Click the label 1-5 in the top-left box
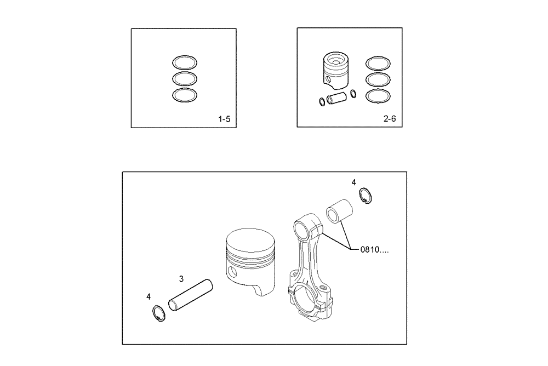pyautogui.click(x=224, y=119)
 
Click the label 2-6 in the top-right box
pyautogui.click(x=390, y=119)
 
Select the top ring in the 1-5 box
pyautogui.click(x=185, y=62)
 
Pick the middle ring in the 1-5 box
pyautogui.click(x=185, y=78)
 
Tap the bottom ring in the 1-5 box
pyautogui.click(x=185, y=95)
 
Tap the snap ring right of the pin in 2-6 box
pyautogui.click(x=353, y=93)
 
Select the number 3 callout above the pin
pyautogui.click(x=181, y=278)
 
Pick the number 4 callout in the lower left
pyautogui.click(x=149, y=296)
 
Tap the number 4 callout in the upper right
pyautogui.click(x=354, y=181)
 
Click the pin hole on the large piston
pyautogui.click(x=233, y=272)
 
